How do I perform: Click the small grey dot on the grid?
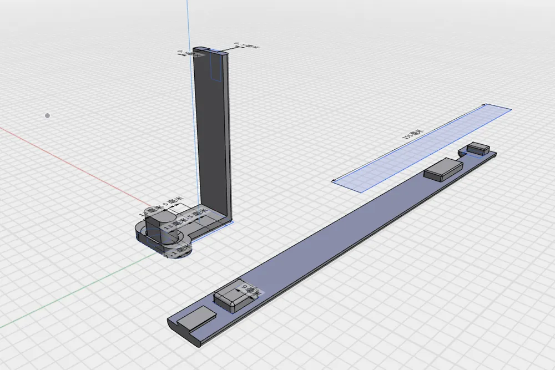click(x=48, y=115)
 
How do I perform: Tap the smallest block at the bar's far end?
click(x=478, y=148)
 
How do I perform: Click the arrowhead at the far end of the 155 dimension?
click(x=485, y=105)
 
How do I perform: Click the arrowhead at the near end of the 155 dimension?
click(x=333, y=180)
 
